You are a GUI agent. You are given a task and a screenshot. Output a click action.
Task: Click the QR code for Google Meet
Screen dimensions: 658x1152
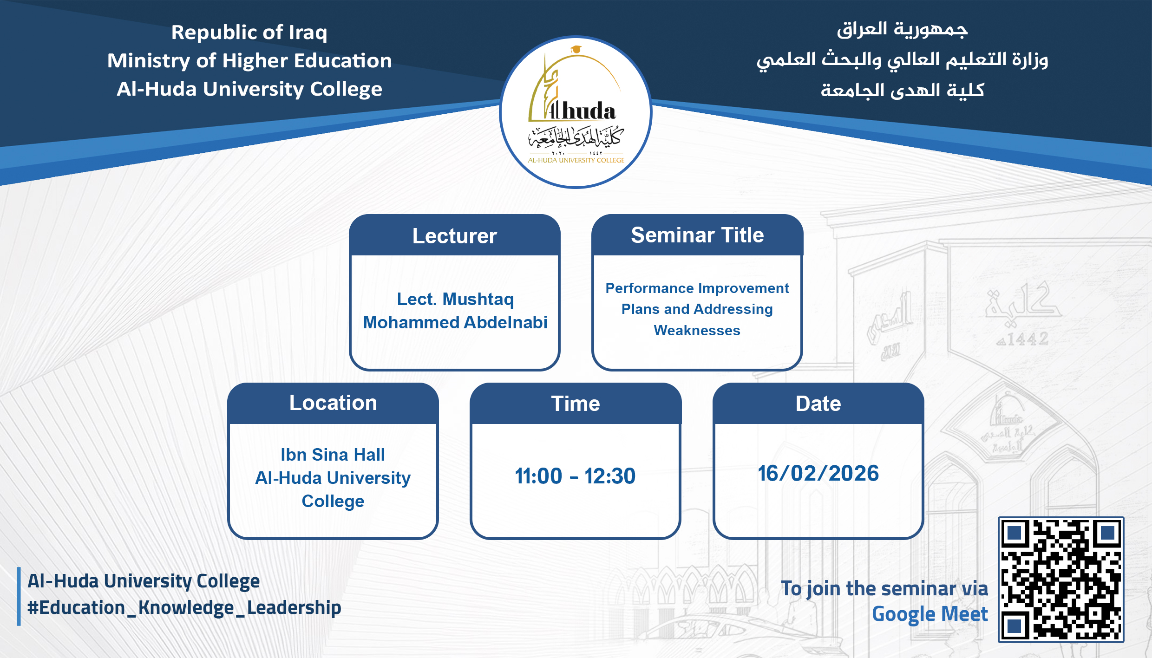1061,580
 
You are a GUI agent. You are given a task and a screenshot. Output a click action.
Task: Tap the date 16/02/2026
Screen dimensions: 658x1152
818,474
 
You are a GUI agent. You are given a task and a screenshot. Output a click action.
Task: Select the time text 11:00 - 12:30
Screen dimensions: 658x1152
575,476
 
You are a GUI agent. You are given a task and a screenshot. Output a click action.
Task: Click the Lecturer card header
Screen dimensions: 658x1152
454,236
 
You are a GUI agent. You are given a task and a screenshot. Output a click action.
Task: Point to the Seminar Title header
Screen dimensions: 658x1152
697,235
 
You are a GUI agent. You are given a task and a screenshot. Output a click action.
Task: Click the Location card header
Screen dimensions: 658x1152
333,403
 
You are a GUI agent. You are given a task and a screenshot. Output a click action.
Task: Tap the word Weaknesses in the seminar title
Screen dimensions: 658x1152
697,330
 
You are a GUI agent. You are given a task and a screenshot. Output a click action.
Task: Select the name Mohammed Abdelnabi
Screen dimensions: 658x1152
455,322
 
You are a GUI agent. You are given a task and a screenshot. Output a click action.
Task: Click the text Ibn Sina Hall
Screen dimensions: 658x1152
333,455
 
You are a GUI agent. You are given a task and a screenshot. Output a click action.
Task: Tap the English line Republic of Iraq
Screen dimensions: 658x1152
249,33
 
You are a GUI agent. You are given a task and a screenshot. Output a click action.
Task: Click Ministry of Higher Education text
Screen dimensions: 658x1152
249,61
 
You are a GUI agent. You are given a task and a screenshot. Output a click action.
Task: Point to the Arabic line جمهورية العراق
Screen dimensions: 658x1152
902,29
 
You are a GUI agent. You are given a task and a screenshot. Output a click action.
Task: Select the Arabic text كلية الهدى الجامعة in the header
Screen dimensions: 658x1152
902,90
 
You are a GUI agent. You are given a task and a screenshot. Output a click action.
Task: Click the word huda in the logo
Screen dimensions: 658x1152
588,112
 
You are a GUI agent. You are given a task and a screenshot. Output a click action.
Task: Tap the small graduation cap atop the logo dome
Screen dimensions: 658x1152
576,49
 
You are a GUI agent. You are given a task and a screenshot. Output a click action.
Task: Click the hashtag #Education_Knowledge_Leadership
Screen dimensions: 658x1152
184,608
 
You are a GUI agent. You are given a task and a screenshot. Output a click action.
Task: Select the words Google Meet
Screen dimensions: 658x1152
929,614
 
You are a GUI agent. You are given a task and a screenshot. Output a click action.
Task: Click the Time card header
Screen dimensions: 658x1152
575,404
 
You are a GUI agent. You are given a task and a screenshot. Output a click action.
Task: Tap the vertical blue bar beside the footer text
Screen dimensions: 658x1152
19,596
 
